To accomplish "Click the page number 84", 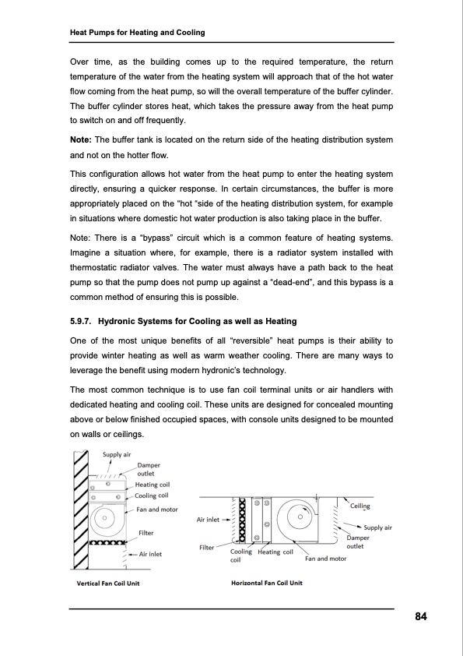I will point(420,617).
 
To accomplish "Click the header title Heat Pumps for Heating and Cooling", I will point(138,32).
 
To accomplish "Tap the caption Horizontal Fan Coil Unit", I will point(267,584).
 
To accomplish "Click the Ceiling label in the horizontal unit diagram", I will point(360,506).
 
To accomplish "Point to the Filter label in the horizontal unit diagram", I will point(207,548).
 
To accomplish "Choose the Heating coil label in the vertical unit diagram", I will point(153,485).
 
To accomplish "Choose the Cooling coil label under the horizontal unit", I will point(240,555).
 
